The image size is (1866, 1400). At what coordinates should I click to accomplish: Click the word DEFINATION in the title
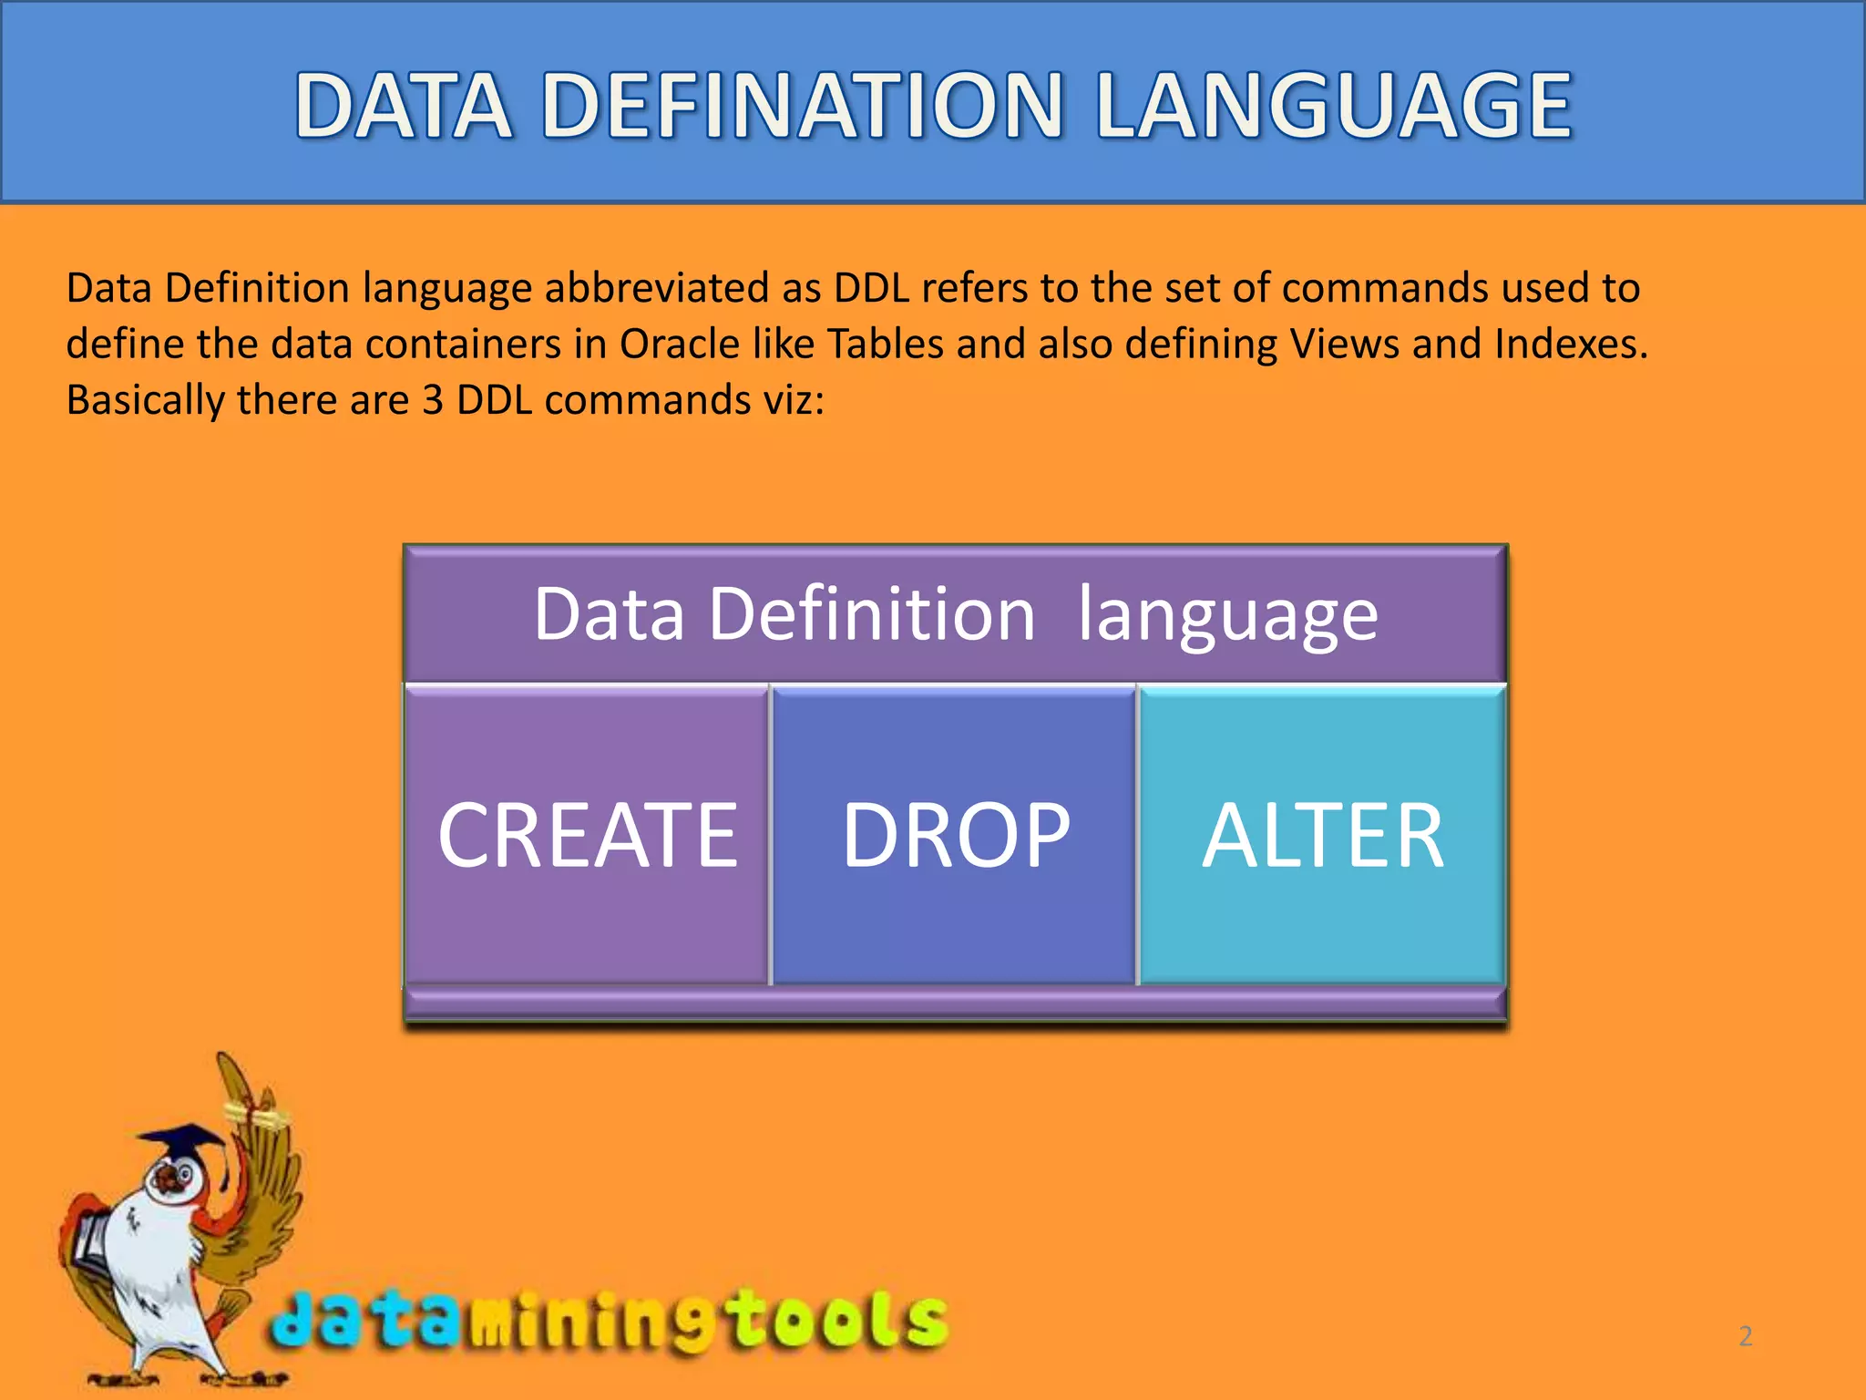tap(802, 107)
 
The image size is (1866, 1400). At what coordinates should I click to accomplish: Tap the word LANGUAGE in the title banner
tap(1334, 107)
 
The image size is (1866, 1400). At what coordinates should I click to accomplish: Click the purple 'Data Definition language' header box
tap(955, 614)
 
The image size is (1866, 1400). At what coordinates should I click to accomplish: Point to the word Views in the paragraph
tap(1344, 345)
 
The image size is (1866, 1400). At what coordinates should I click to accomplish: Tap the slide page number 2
tap(1745, 1336)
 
